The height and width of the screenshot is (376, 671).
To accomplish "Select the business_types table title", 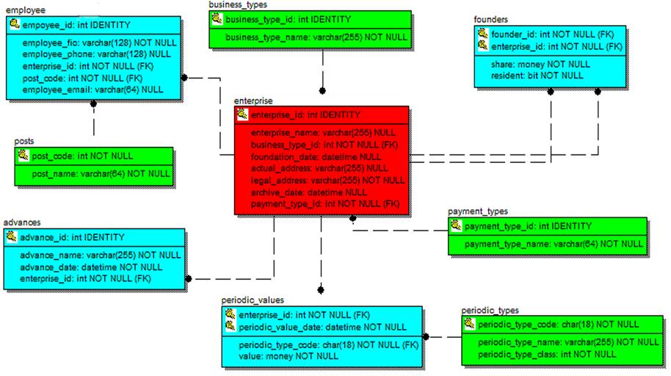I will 238,4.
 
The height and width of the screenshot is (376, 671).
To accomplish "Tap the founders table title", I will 490,19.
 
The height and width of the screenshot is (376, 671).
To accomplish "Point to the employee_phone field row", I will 96,54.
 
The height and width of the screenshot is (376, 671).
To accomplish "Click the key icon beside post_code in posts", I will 23,156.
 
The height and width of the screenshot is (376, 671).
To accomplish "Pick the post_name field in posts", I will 100,174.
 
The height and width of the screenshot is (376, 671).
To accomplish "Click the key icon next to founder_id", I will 482,33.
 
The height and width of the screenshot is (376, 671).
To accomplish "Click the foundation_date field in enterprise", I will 316,156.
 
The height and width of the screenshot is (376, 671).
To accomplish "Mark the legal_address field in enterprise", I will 327,180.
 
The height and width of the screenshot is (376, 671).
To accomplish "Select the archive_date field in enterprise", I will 309,192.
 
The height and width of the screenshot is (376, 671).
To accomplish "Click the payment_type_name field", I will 554,244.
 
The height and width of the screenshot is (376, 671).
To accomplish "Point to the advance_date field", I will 91,267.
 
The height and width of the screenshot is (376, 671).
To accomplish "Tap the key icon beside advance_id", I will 12,237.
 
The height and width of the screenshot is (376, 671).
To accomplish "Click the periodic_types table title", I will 490,311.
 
